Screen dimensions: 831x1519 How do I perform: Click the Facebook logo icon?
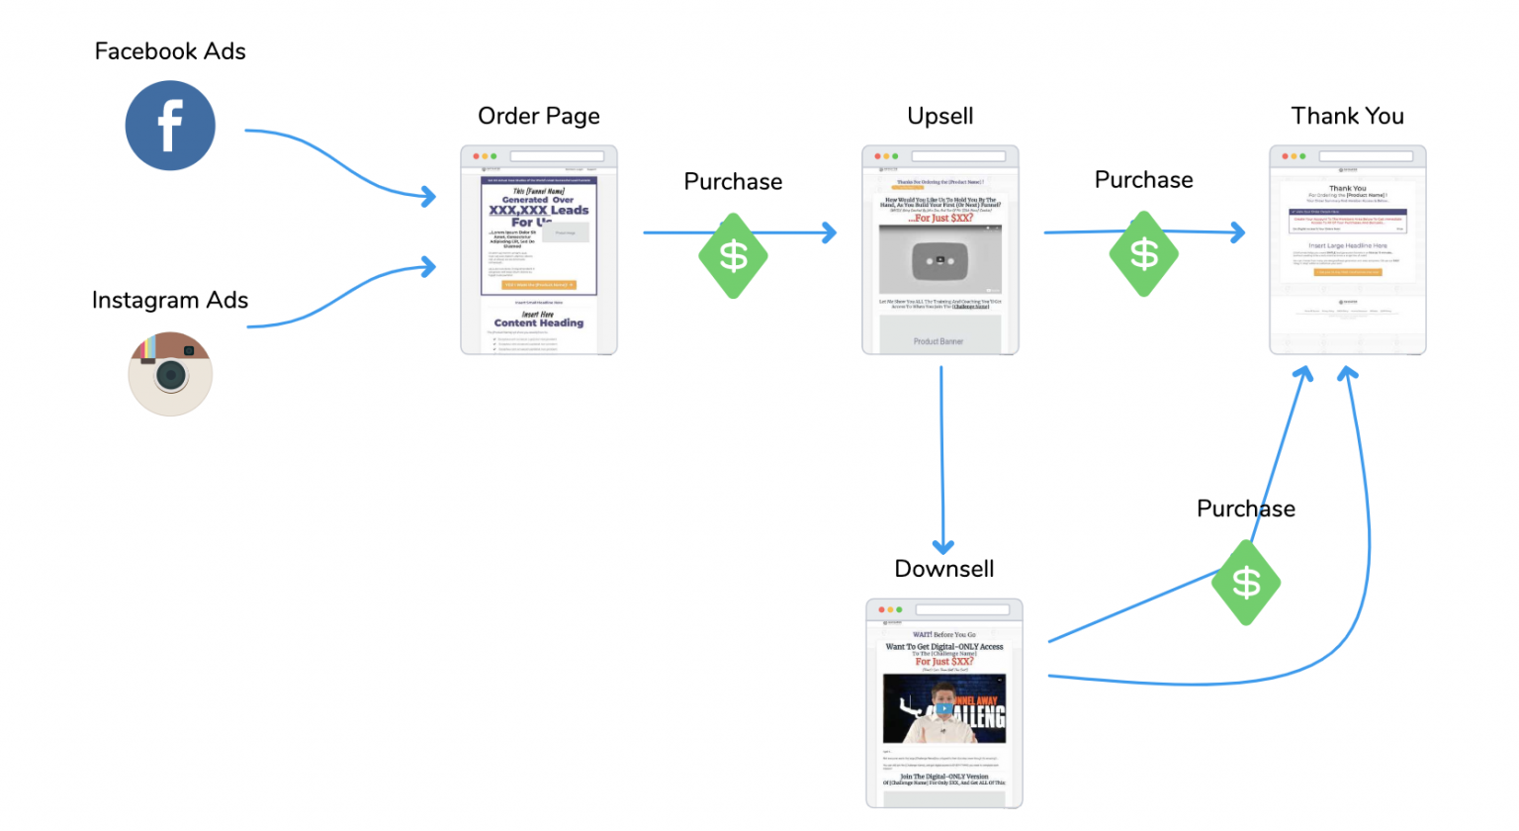point(170,126)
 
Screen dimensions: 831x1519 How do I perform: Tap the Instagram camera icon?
point(170,374)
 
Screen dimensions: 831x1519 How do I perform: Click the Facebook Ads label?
point(170,51)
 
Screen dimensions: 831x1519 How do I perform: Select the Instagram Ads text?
point(170,300)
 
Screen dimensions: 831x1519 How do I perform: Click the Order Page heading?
point(539,116)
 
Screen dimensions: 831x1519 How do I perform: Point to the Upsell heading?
point(940,116)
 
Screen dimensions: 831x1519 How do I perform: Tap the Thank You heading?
point(1347,116)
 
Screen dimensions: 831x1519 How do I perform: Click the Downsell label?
point(944,569)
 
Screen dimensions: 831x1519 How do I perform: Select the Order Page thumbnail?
point(539,250)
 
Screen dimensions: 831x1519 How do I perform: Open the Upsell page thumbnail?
point(940,250)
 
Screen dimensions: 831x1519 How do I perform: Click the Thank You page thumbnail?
point(1347,250)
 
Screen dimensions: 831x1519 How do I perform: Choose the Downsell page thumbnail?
point(944,703)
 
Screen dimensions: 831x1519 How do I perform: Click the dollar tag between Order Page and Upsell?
point(733,256)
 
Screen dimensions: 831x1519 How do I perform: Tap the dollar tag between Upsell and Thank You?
point(1144,254)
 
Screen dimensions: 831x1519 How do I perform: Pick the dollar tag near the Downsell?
point(1246,583)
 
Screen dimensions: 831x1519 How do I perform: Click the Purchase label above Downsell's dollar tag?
point(1246,508)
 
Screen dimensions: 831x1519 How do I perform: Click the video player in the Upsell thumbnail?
point(940,260)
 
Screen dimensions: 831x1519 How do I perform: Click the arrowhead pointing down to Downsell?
point(943,547)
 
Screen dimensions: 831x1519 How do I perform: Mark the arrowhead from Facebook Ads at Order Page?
point(429,197)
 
